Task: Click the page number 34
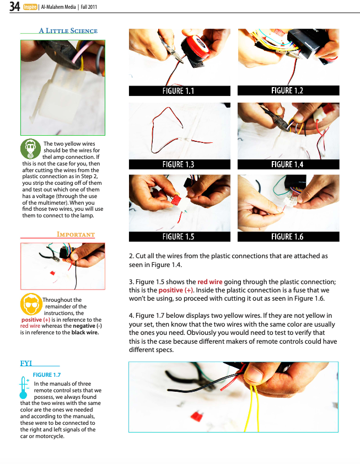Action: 14,6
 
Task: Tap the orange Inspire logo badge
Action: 30,7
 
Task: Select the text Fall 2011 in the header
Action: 89,7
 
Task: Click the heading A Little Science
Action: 68,31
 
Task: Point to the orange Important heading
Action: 76,234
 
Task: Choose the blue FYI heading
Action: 26,363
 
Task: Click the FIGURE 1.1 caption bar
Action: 180,91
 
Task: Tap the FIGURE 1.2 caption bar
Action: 288,90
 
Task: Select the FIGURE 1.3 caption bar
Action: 180,164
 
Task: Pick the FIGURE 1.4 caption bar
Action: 288,164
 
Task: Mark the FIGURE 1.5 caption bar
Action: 180,237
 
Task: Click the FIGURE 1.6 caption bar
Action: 288,237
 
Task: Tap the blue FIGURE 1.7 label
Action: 47,375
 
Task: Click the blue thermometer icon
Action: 24,388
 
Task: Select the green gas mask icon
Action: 30,149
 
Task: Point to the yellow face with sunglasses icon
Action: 31,304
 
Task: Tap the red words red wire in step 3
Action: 209,282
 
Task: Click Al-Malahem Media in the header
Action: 58,7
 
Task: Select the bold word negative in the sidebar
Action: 84,326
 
